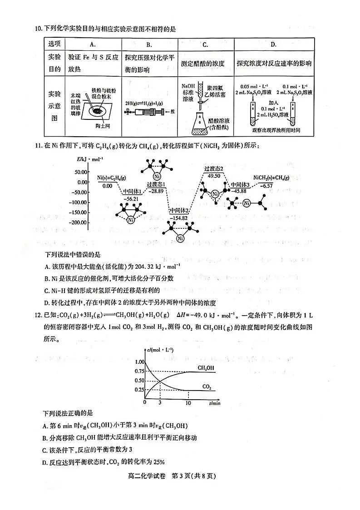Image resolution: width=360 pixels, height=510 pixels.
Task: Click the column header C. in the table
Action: point(205,45)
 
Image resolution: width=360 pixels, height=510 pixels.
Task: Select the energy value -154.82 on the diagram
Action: point(178,218)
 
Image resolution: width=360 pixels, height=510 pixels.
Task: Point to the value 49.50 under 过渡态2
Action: point(213,175)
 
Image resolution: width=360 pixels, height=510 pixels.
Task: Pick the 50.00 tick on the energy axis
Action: point(81,172)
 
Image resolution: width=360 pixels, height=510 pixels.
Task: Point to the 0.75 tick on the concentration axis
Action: point(140,371)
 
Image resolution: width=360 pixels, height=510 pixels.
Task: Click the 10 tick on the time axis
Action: point(188,402)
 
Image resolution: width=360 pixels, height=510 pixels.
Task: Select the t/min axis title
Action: point(215,402)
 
